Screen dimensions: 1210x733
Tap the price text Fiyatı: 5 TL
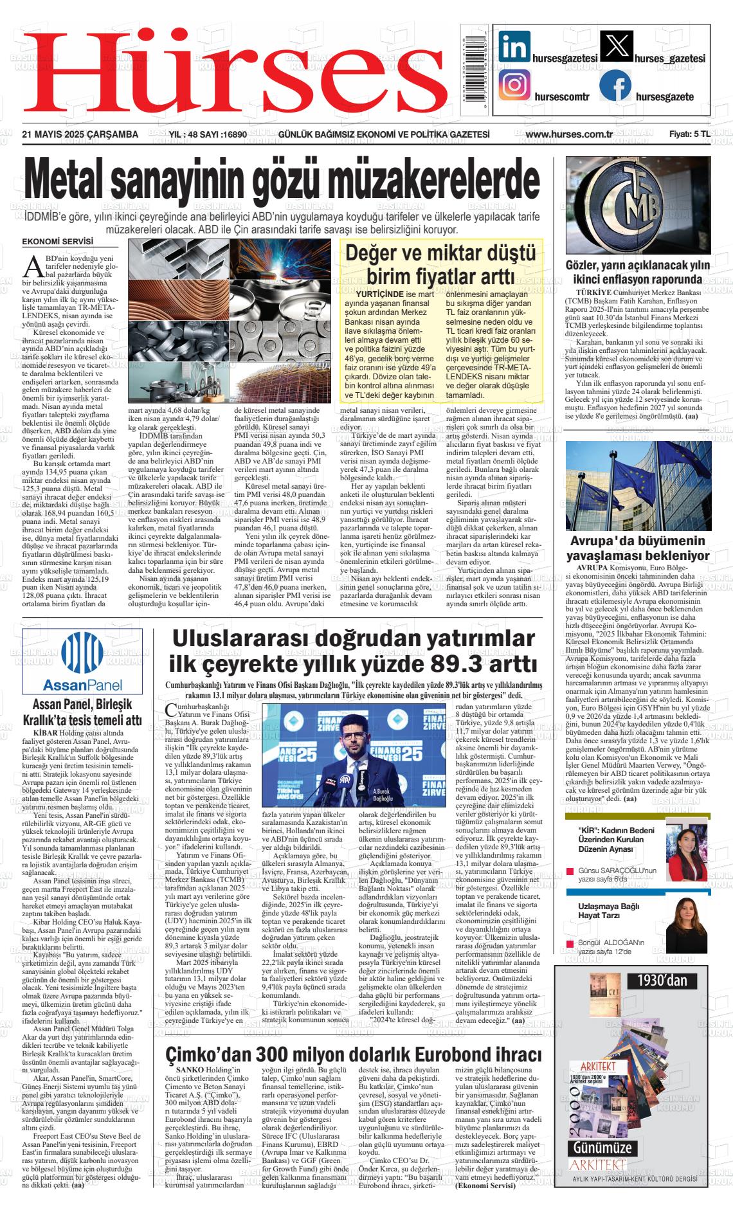[x=689, y=134]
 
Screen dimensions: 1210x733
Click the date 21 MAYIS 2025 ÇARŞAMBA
[x=80, y=134]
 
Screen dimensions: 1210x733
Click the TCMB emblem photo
[x=638, y=206]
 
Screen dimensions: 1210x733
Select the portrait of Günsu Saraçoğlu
[x=687, y=849]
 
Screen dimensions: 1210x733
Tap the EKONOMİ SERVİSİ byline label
[x=57, y=242]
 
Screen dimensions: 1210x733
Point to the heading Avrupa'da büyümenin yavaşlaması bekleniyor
[x=637, y=548]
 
